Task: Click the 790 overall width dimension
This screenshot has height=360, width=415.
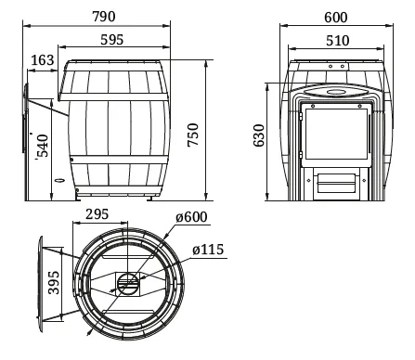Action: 104,17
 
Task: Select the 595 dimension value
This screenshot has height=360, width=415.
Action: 111,40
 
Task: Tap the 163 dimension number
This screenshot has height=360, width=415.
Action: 43,60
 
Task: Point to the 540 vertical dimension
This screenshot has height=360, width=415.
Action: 43,146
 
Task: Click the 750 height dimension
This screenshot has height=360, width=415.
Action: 193,135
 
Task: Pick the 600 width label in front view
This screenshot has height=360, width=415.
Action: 336,18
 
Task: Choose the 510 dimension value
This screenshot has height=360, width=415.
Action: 337,41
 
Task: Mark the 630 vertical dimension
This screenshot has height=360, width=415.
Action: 259,135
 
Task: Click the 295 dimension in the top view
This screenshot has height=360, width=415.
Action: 97,214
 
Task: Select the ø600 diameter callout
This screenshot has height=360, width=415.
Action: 191,217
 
